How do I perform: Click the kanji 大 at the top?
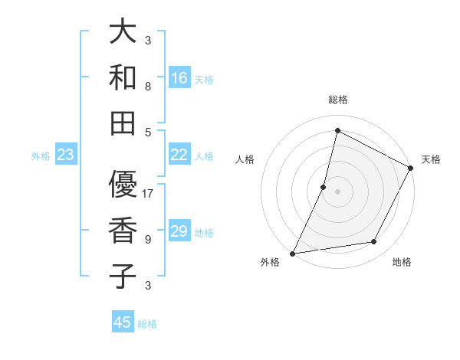coord(123,32)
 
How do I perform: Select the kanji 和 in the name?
coord(123,77)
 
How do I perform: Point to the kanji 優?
coord(123,185)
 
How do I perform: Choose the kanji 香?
coord(123,231)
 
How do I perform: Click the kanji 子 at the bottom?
coord(123,276)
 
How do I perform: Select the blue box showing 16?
coord(179,78)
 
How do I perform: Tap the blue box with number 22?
coord(179,155)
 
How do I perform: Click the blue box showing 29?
coord(179,231)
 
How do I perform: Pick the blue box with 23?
coord(66,155)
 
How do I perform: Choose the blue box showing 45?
coord(123,322)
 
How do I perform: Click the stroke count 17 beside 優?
coord(148,194)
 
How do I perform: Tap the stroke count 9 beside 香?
coord(148,239)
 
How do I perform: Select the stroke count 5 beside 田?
coord(148,132)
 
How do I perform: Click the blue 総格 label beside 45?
coord(147,324)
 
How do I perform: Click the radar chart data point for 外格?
coord(292,254)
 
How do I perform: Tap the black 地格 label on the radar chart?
coord(402,263)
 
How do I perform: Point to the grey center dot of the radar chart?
coord(337,191)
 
